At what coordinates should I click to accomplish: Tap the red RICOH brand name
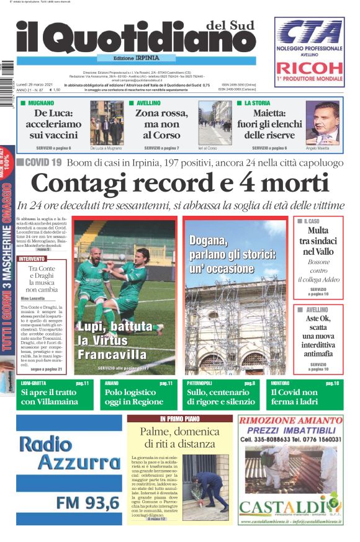[310, 68]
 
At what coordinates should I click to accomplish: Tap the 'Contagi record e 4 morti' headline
[180, 184]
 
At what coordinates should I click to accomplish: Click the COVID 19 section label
[39, 162]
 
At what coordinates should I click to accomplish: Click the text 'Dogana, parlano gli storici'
[232, 254]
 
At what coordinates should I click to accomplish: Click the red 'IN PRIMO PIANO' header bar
[179, 419]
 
